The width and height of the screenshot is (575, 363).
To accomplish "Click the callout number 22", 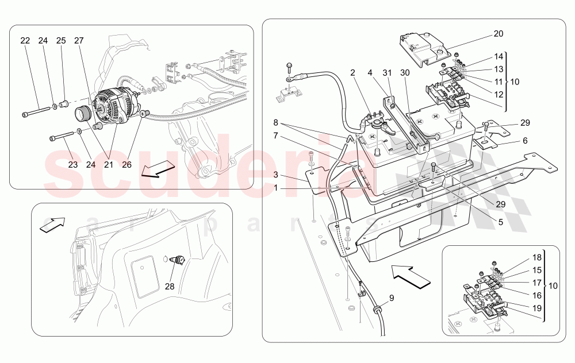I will click(25, 41).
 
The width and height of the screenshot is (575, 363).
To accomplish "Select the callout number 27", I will click(79, 41).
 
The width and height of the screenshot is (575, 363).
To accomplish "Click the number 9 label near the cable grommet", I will click(391, 298).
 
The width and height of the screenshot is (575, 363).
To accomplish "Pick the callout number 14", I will click(498, 56).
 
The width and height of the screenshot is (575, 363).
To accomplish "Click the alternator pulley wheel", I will click(85, 114).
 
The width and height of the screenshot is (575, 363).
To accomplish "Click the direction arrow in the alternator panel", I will click(158, 169).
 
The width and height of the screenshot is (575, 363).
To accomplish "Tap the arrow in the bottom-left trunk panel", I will click(51, 225).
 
